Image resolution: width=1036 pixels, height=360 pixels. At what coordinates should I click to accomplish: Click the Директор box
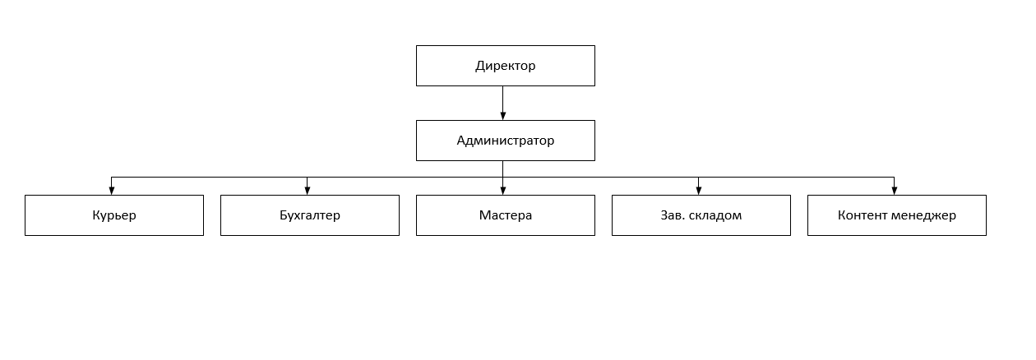coord(506,66)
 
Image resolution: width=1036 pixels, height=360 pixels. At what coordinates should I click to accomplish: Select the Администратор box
coord(506,141)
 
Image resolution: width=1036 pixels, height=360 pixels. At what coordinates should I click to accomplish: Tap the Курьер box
coord(114,215)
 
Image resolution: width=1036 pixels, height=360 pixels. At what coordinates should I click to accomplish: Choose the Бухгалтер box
coord(310,215)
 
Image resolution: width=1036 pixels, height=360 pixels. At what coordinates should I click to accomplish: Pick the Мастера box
coord(506,215)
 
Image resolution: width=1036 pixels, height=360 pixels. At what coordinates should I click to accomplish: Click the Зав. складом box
coord(701,215)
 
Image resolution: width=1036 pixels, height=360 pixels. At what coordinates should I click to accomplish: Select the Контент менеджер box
coord(897,215)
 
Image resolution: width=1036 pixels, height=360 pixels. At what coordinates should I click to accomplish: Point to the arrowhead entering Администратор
coord(502,116)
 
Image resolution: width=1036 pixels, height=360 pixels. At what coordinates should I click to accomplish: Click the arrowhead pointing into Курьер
coord(112,191)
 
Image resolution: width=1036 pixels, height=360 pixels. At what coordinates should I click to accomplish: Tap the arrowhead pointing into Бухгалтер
coord(308,191)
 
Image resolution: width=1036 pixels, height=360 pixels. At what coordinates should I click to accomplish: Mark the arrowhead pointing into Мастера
coord(502,191)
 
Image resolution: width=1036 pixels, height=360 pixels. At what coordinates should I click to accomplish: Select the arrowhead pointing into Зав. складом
coord(698,191)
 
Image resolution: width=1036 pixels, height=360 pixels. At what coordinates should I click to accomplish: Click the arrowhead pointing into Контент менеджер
coord(894,191)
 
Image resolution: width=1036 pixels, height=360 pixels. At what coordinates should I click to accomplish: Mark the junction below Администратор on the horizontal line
coord(502,177)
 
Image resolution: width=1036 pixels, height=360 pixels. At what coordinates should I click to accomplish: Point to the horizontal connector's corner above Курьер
coord(112,177)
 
